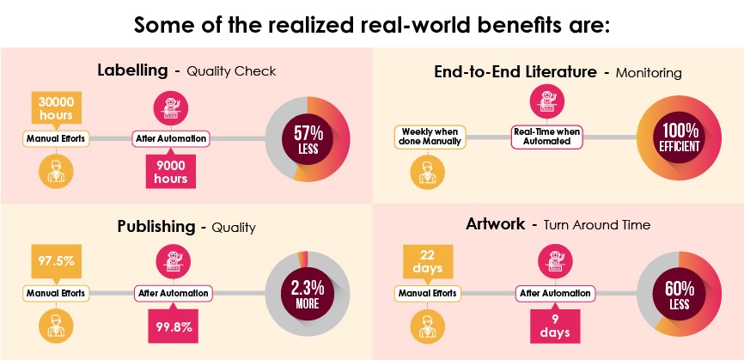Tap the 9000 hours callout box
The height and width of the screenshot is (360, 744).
tap(171, 170)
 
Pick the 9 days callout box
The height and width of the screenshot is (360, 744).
tap(550, 325)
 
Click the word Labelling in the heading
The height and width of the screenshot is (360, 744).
tap(133, 70)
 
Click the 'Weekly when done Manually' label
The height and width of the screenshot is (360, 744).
tap(429, 136)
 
